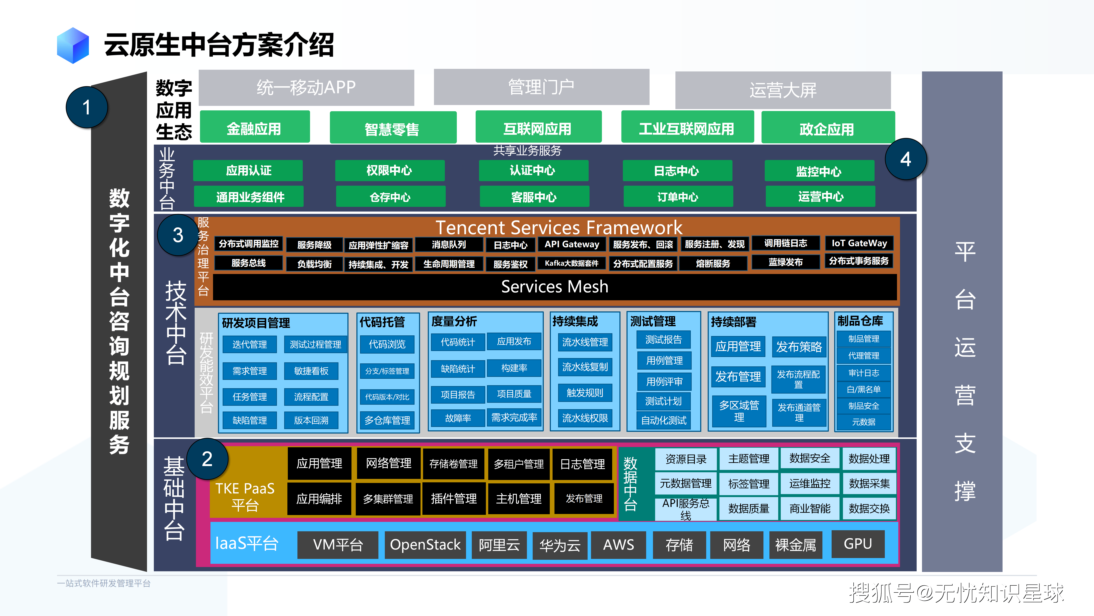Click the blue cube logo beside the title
coord(73,46)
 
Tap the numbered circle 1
coord(87,107)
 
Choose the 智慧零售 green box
coord(393,128)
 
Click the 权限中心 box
coord(390,170)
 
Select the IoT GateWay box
coord(859,243)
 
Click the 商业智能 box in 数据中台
coord(809,508)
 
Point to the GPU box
coord(857,544)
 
